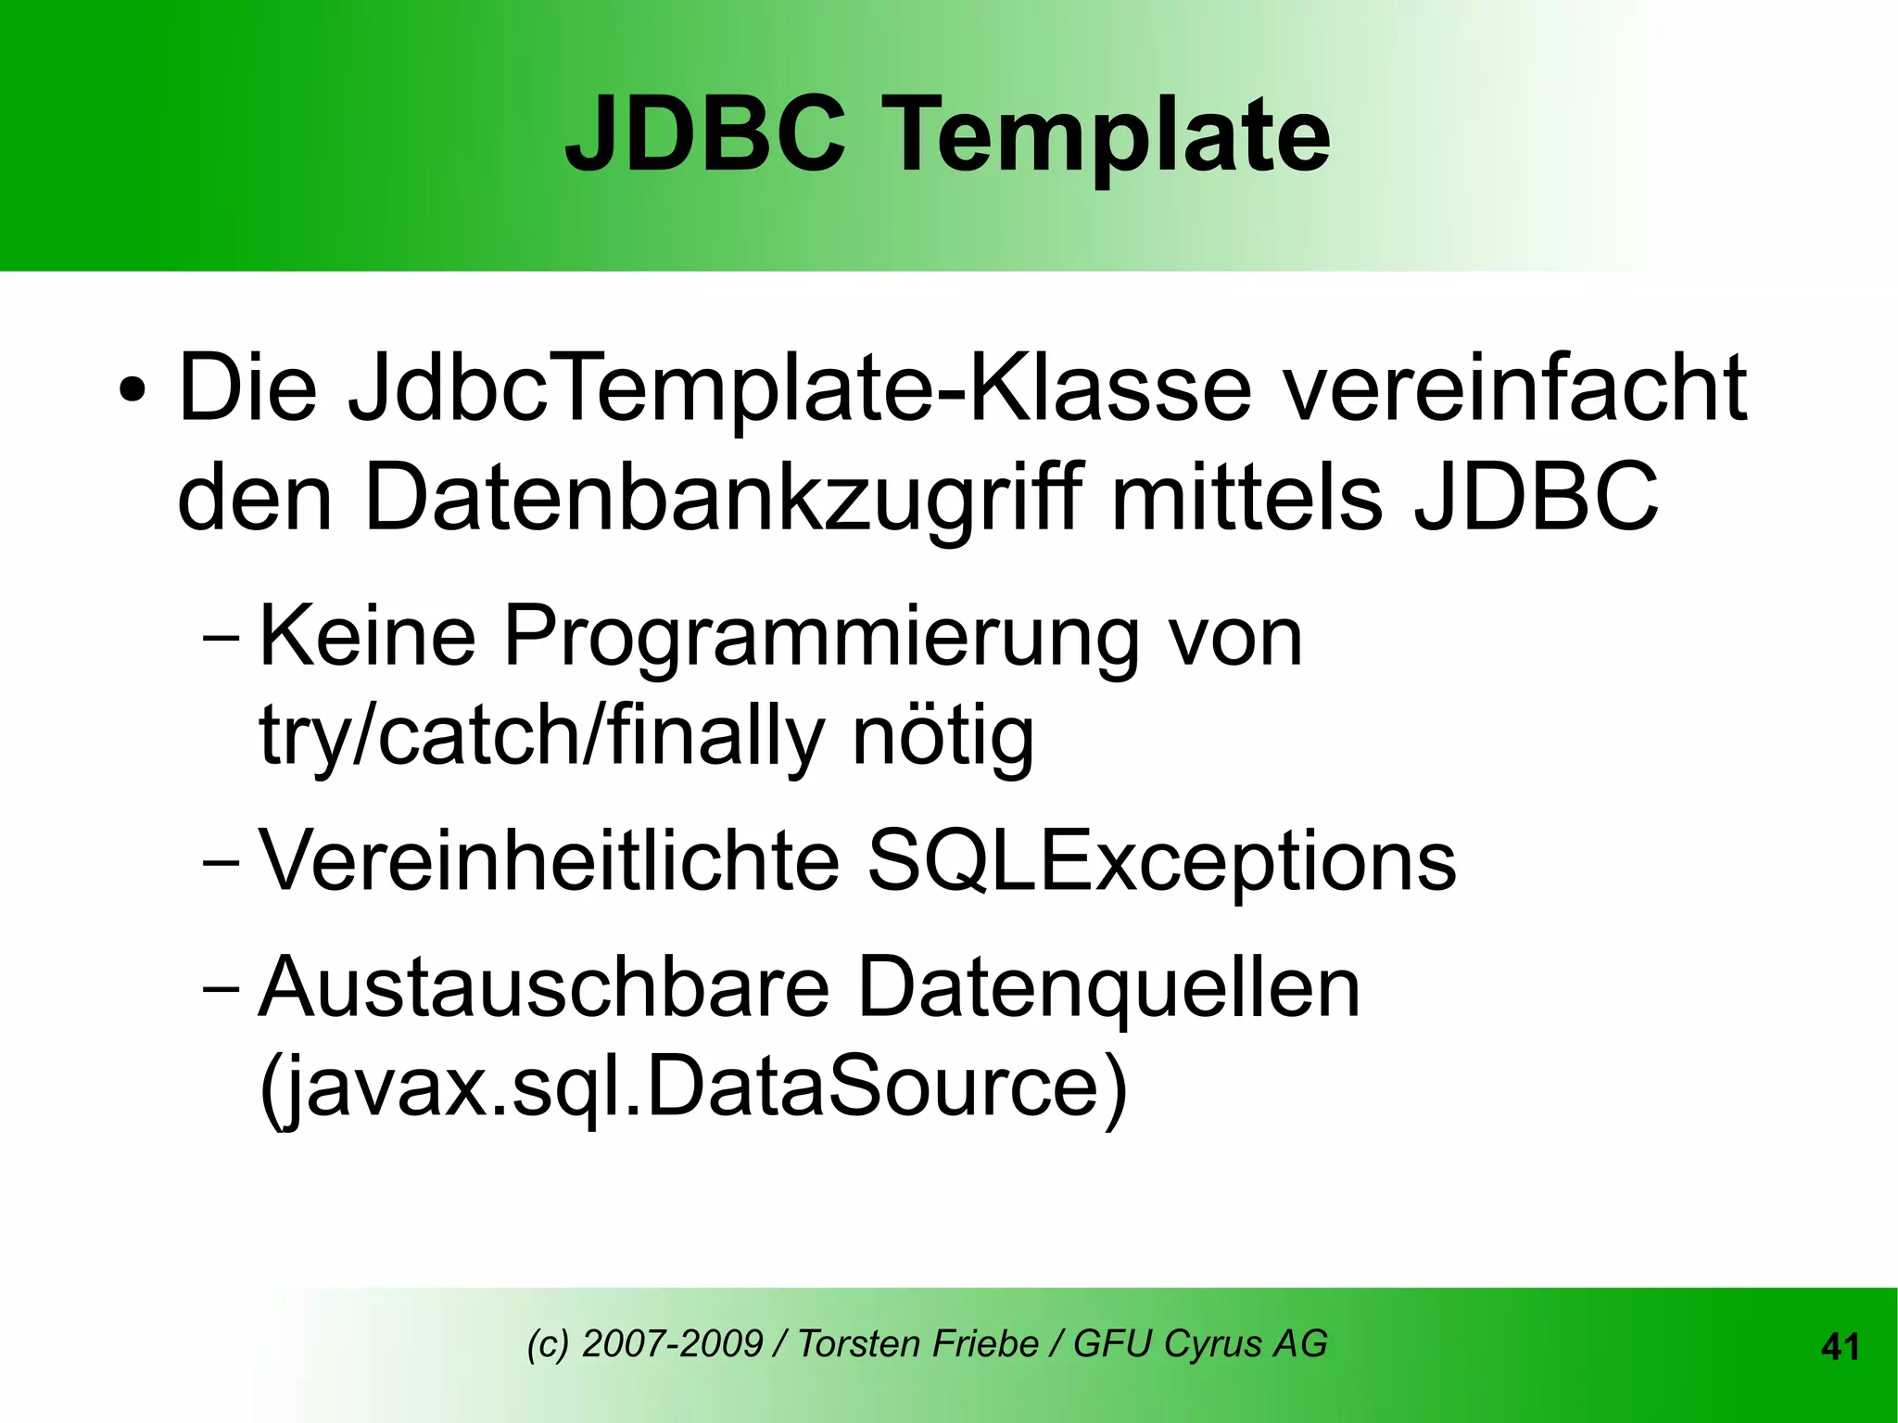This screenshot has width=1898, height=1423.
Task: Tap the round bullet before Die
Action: (132, 389)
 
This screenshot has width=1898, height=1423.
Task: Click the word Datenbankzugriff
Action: (723, 499)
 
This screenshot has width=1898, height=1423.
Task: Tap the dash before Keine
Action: (220, 639)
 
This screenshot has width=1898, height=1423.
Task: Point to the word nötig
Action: (942, 737)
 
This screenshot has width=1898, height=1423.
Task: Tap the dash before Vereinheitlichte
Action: (220, 862)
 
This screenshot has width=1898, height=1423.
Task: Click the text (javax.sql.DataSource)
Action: (693, 1086)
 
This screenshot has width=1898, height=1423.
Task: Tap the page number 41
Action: (1840, 1347)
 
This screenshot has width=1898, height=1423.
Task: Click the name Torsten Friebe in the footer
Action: (917, 1344)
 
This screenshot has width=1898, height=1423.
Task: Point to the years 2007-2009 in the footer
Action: (672, 1344)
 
